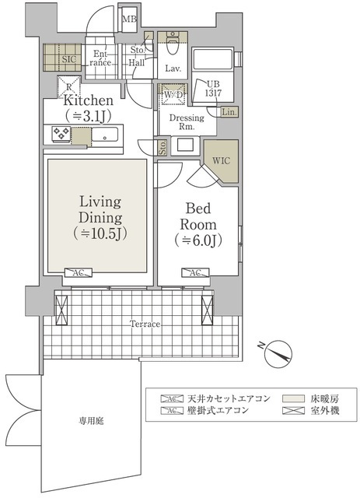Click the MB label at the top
(130, 19)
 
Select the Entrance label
(102, 58)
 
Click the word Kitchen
(89, 101)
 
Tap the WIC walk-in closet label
(221, 161)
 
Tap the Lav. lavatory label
(173, 68)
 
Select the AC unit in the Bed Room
(194, 273)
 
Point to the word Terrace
(145, 324)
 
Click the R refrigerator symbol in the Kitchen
(70, 87)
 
